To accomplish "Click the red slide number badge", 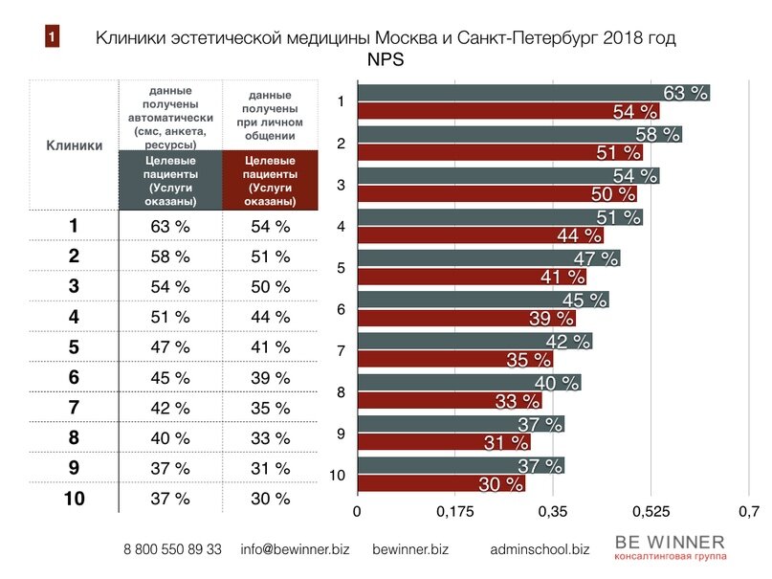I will [x=52, y=37].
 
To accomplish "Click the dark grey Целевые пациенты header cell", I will [x=171, y=180].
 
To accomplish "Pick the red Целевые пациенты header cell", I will [x=269, y=180].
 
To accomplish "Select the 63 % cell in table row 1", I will [x=170, y=227].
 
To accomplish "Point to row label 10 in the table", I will [x=74, y=498].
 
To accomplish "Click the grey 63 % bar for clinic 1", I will [x=533, y=93].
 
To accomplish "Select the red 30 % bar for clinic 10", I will [x=441, y=484].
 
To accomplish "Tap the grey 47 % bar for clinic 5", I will [x=488, y=258].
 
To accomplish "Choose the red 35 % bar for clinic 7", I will [x=454, y=360].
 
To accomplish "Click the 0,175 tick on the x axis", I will [x=454, y=512].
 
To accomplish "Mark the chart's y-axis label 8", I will [x=342, y=391].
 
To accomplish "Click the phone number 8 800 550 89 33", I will [x=172, y=550].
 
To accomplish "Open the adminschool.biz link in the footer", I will [x=539, y=550].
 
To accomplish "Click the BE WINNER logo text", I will [x=670, y=543].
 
